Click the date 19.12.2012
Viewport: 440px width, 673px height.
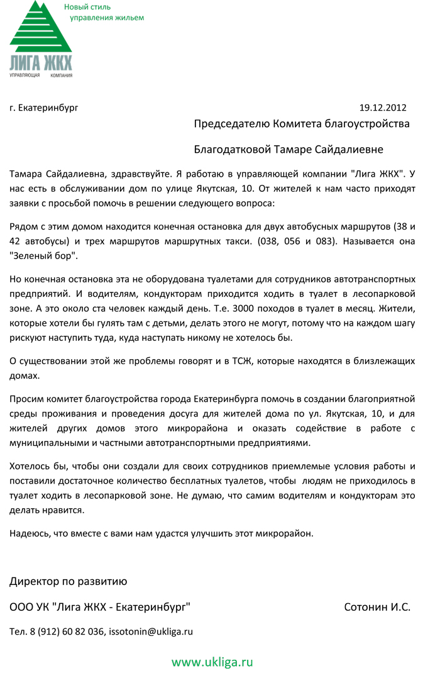click(383, 107)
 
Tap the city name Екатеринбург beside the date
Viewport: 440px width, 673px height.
click(48, 108)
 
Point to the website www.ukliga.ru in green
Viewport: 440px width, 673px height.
click(212, 661)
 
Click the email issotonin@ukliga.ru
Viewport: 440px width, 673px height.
click(151, 631)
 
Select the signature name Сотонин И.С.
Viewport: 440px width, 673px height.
click(377, 607)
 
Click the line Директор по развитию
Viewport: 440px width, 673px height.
click(68, 581)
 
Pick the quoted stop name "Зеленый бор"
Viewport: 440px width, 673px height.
click(43, 256)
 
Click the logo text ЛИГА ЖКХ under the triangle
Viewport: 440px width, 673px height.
click(40, 63)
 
